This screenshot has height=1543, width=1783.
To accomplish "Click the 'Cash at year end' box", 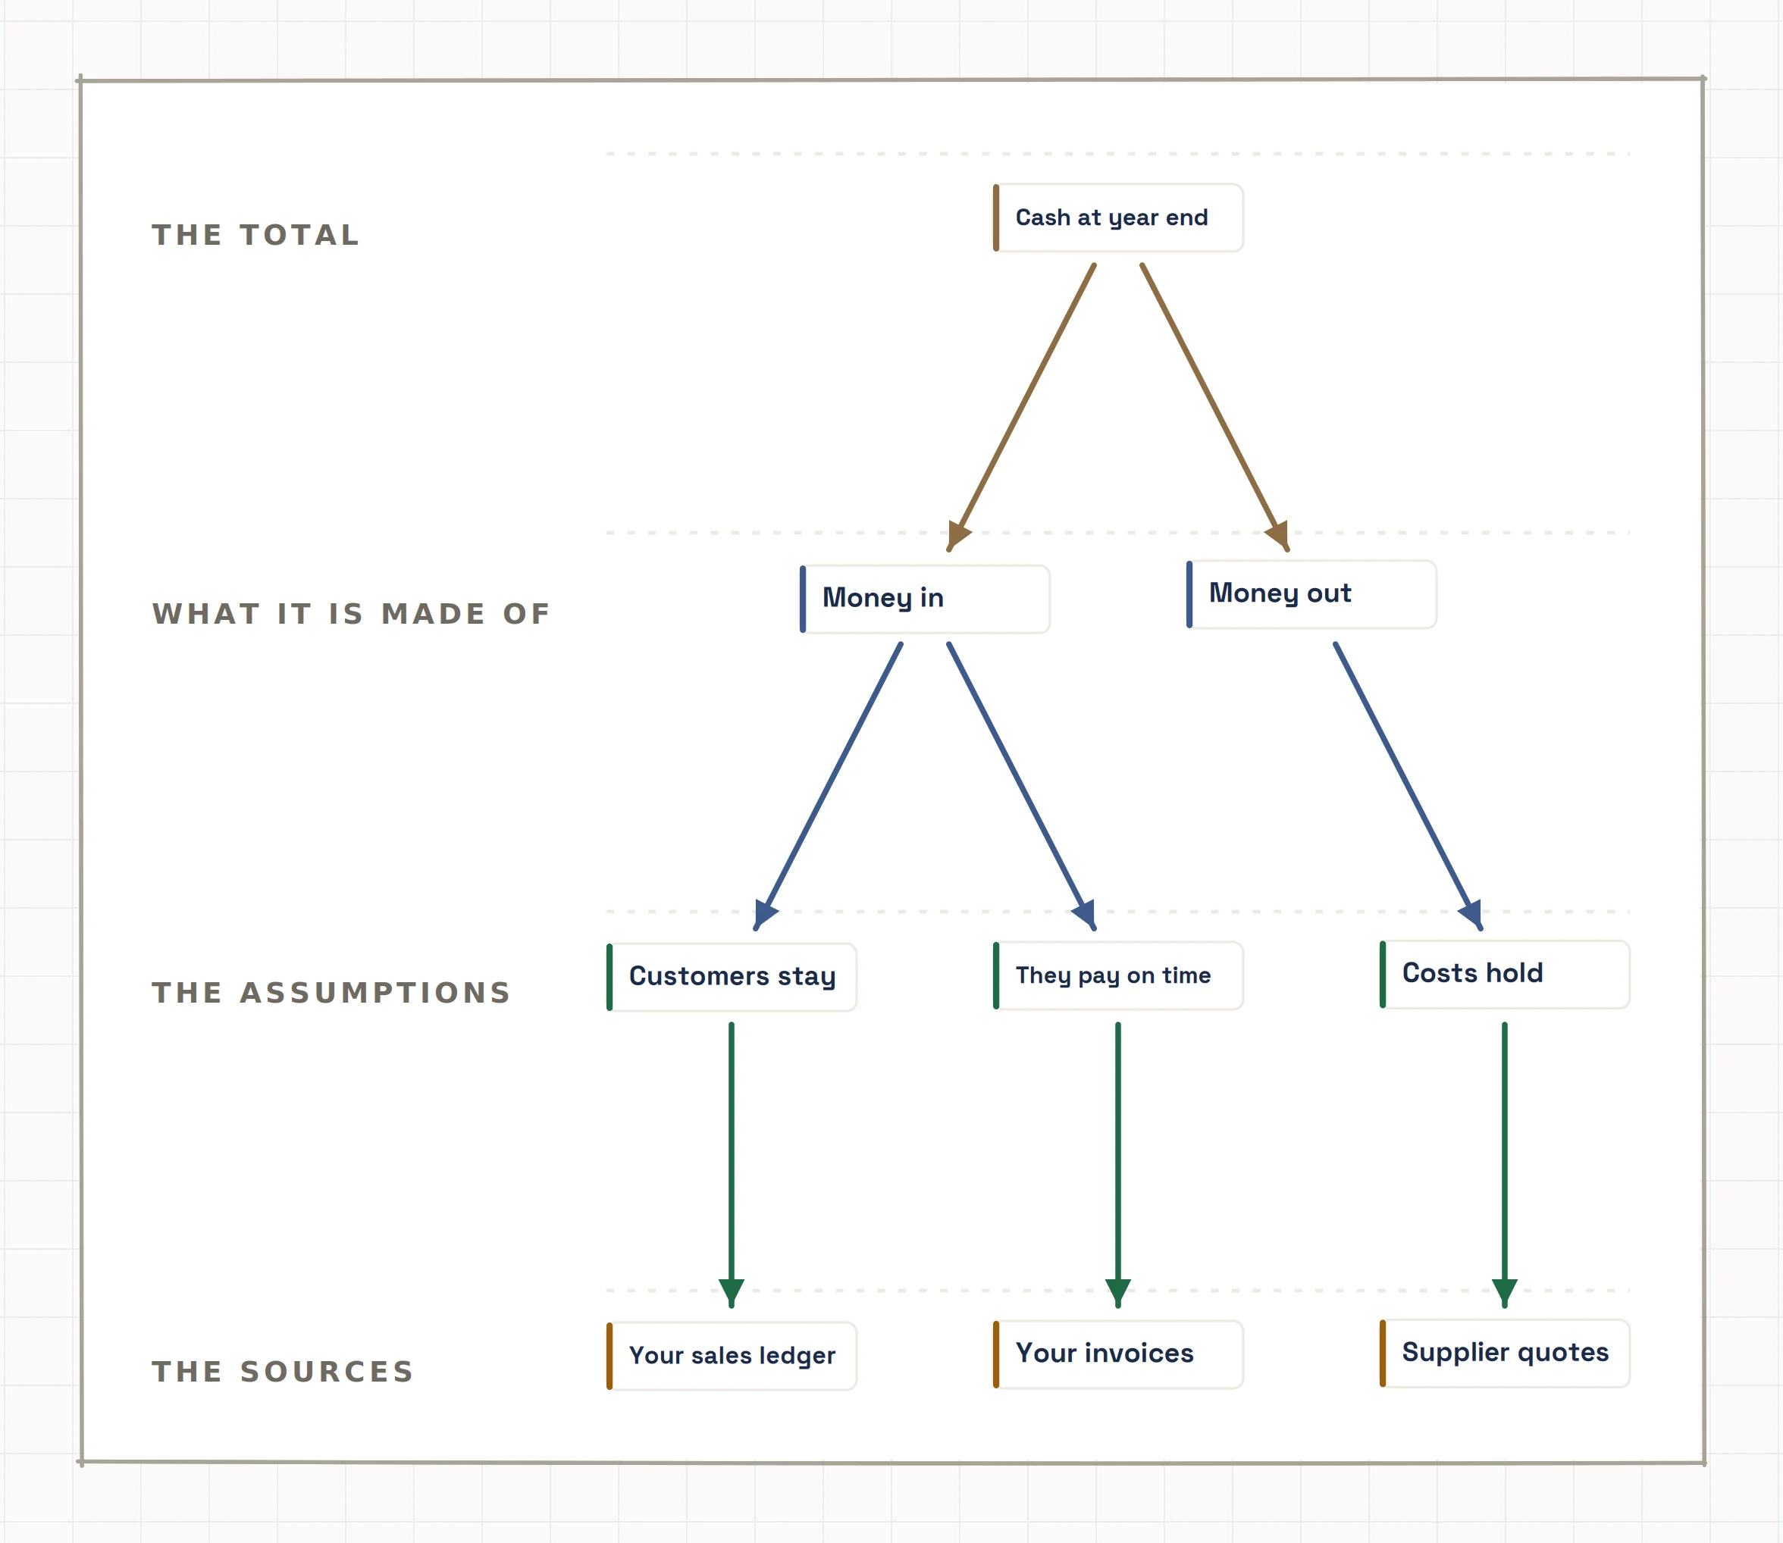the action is (x=1118, y=218).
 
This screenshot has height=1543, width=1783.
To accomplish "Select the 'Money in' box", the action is (x=925, y=599).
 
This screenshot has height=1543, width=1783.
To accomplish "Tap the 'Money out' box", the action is (x=1311, y=594).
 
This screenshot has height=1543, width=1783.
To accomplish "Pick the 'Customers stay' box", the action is (x=732, y=978).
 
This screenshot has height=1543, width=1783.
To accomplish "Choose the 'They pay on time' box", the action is (x=1118, y=975).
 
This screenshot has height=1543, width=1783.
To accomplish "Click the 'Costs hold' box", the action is (x=1505, y=974).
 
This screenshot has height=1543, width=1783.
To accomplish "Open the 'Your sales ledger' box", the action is (x=732, y=1356).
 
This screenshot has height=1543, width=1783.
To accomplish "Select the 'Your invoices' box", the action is (x=1118, y=1354).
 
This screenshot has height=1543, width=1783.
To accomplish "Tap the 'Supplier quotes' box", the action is (x=1505, y=1354).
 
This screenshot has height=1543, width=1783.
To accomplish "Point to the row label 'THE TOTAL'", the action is (x=255, y=235).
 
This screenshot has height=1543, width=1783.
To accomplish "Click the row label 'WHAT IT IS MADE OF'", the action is (x=352, y=614).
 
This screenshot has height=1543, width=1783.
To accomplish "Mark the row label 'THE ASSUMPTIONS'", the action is (x=331, y=993).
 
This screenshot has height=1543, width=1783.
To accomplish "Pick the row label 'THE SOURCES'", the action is (x=284, y=1372).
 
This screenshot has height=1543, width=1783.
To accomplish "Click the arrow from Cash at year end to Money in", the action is (x=1022, y=407).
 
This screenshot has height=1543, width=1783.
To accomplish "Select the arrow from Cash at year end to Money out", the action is (x=1215, y=407).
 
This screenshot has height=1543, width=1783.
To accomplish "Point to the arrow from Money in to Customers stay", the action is (x=829, y=786).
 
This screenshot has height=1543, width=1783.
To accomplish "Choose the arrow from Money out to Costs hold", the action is (x=1409, y=786).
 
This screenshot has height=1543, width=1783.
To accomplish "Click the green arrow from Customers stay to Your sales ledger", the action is (x=732, y=1165).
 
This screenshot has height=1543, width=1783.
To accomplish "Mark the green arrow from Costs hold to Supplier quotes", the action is (x=1505, y=1165).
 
